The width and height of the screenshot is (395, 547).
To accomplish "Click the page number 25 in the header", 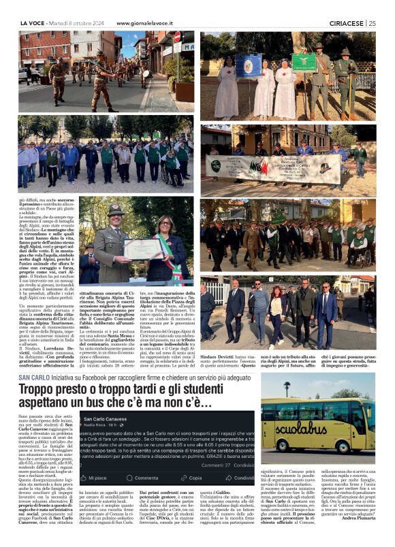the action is coord(373,22).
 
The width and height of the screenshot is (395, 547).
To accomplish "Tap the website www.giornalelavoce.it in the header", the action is coord(155,22).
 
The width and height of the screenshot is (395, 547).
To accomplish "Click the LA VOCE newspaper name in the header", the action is coord(34,22).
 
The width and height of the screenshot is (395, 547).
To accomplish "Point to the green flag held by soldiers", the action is coord(304,63).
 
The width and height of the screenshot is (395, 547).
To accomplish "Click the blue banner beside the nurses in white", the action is coord(249,65).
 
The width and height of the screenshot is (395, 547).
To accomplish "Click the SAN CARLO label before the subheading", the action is coord(34,377).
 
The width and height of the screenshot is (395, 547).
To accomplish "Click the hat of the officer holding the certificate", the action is coord(115,210).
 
